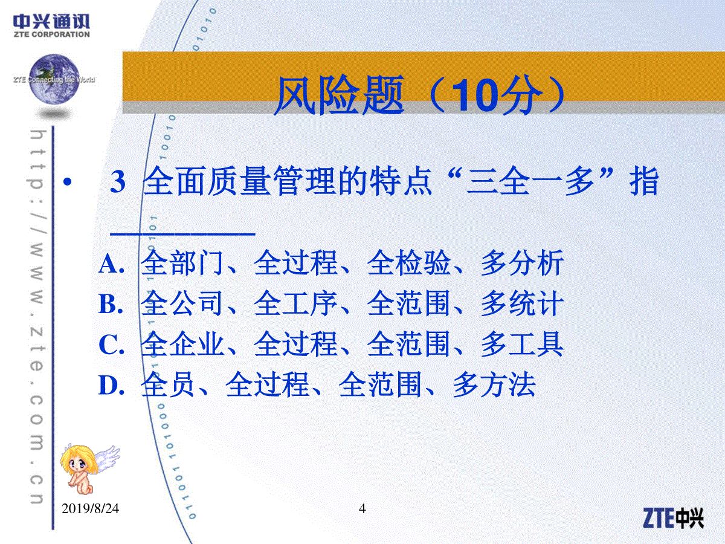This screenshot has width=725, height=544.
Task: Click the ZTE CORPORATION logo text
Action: click(x=51, y=34)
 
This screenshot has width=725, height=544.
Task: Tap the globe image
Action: click(x=54, y=79)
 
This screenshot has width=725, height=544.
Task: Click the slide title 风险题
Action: click(x=339, y=96)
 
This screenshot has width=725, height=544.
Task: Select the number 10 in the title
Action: click(x=475, y=96)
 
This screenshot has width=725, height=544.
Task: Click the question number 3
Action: click(x=118, y=182)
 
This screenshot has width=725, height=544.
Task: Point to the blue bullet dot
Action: click(x=68, y=182)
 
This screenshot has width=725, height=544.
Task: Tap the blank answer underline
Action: click(x=182, y=234)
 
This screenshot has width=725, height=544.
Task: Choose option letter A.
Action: click(x=112, y=265)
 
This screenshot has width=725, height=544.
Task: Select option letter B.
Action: click(x=111, y=304)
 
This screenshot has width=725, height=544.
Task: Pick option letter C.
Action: click(x=112, y=345)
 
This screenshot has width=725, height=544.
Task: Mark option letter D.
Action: click(x=112, y=386)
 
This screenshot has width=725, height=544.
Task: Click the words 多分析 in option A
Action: click(x=522, y=264)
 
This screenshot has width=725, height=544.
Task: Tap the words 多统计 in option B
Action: click(x=522, y=303)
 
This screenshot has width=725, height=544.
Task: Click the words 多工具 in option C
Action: click(x=522, y=344)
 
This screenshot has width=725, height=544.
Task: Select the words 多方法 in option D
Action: click(x=494, y=384)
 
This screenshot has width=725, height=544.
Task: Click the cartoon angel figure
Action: click(x=89, y=468)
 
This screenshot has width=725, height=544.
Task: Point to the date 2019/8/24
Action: click(x=90, y=509)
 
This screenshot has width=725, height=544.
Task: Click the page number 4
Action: click(x=362, y=508)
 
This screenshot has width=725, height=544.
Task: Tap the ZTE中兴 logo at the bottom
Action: click(x=673, y=518)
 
